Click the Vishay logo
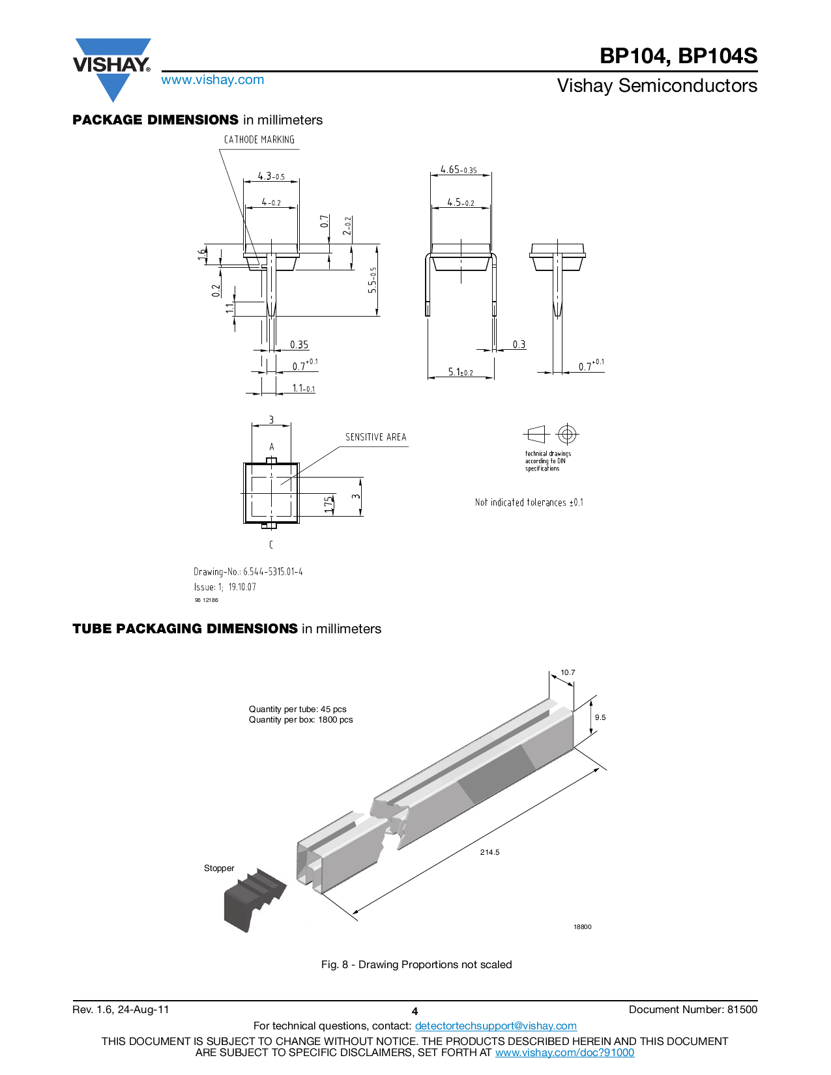click(x=112, y=69)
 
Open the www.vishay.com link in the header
click(x=212, y=79)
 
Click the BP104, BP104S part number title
click(x=678, y=55)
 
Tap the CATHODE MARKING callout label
click(x=259, y=139)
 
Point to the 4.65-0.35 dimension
click(x=459, y=169)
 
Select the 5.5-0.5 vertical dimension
click(x=373, y=280)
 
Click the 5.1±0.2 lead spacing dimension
click(x=460, y=372)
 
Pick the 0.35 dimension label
click(x=299, y=344)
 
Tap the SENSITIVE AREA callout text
click(x=375, y=437)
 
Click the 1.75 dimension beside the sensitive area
click(x=329, y=505)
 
